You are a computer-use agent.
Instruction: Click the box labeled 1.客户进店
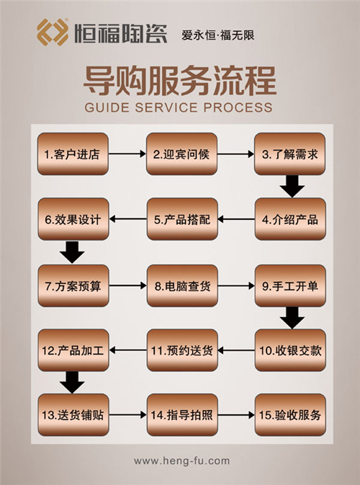coord(73,153)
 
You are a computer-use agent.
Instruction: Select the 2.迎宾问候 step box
coord(181,153)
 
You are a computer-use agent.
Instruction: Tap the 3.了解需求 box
coord(290,153)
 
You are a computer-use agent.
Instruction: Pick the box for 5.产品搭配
coord(182,219)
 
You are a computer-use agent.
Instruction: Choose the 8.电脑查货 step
coord(182,286)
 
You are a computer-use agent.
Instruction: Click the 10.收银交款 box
coord(290,350)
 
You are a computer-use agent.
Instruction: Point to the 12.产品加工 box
coord(73,350)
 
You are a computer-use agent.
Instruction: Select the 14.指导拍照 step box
coord(182,415)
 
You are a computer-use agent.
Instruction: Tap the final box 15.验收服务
coord(290,415)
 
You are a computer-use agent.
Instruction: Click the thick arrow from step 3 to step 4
coord(292,186)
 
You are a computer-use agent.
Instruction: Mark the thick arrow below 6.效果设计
coord(72,252)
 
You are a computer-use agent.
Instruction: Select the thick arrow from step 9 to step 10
coord(292,318)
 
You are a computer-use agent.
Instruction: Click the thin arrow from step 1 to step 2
coord(127,153)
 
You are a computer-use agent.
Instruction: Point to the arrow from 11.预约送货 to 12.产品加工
coord(128,350)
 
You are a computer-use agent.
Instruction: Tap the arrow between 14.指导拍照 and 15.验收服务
coord(236,415)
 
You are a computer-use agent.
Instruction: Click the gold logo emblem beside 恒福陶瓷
coord(53,32)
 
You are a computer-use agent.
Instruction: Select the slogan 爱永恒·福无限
coord(218,35)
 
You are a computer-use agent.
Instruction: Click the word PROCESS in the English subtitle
coord(238,107)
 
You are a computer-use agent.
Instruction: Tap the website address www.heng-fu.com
coord(181,461)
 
